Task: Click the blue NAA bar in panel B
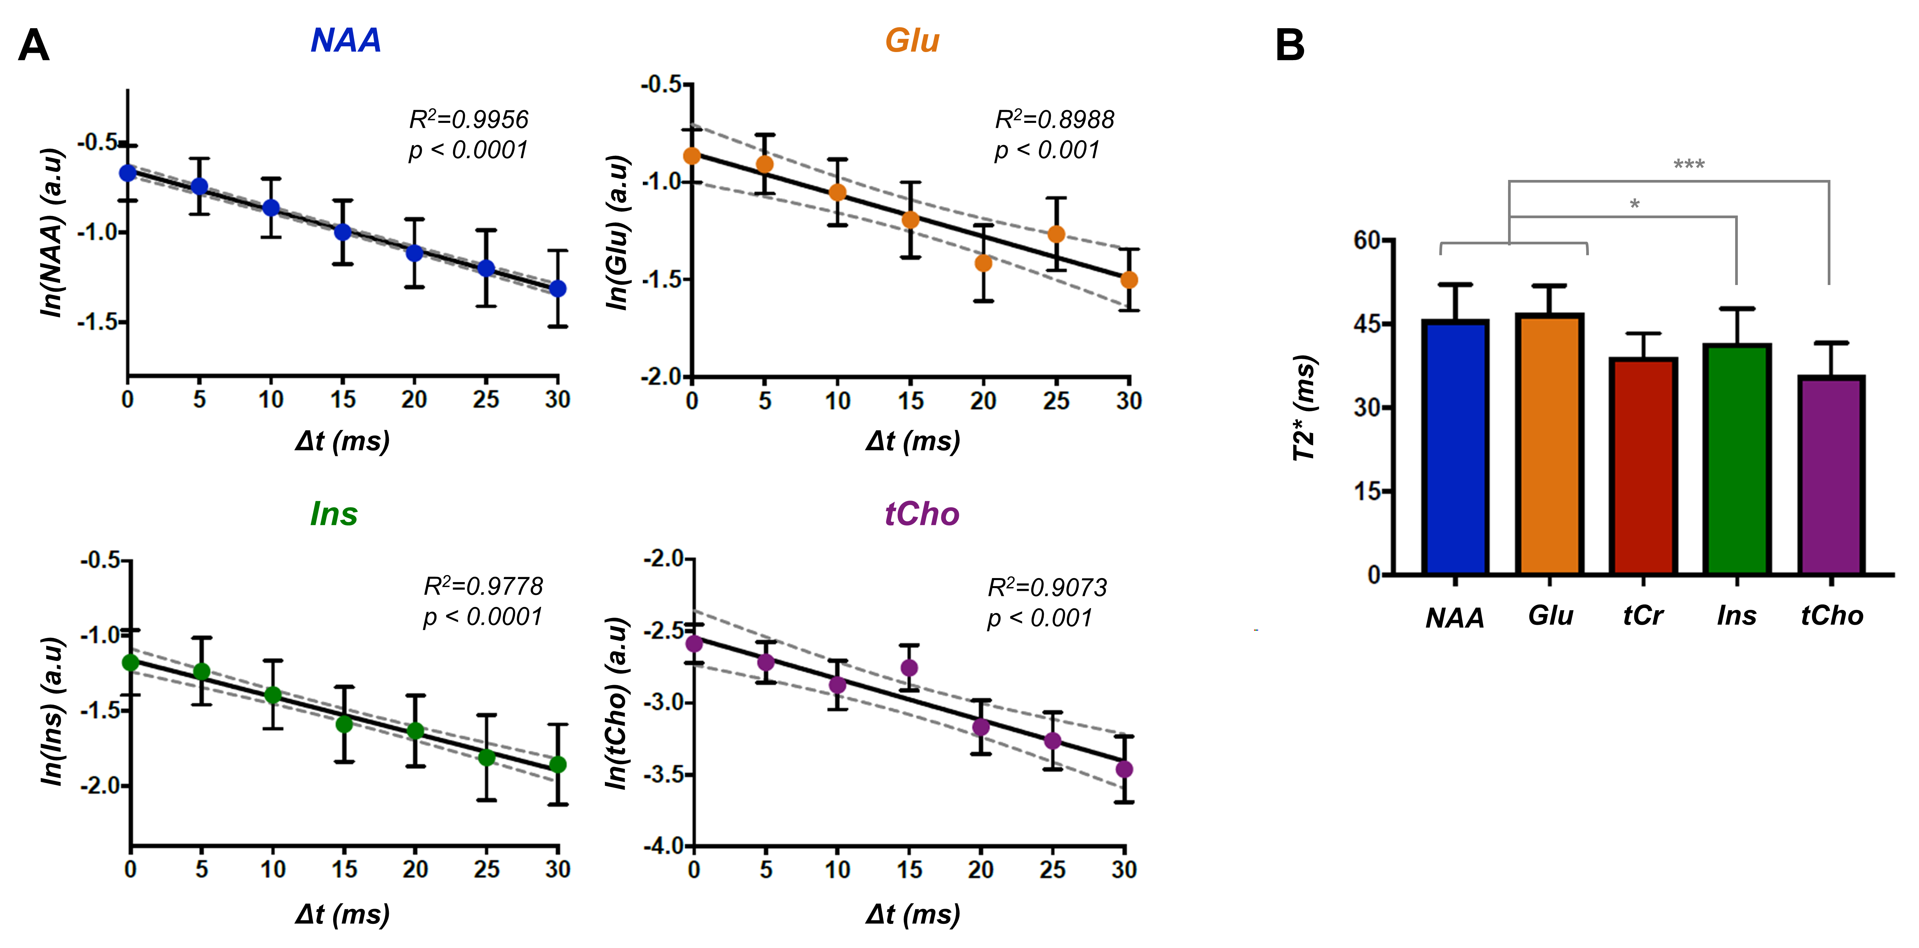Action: [x=1455, y=447]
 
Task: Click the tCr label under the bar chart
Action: [x=1643, y=616]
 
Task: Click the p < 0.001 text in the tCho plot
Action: [x=1039, y=618]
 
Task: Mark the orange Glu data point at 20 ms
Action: [x=983, y=263]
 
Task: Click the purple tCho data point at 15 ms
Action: [x=909, y=668]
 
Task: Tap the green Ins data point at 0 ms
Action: [x=131, y=663]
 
